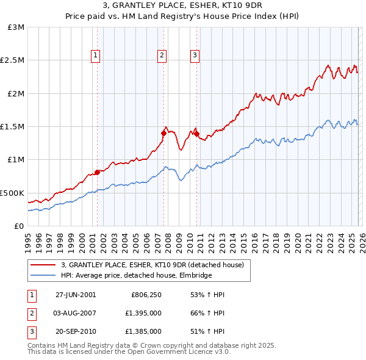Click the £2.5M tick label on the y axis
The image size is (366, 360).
tap(12, 60)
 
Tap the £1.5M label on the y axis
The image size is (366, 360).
tap(12, 127)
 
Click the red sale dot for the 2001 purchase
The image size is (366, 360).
tap(97, 173)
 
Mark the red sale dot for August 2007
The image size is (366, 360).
tap(163, 133)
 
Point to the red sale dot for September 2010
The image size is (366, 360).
tap(196, 134)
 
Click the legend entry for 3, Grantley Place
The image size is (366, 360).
tap(152, 265)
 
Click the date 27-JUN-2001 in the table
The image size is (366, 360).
tap(76, 295)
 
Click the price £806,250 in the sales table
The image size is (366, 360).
tap(146, 295)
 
